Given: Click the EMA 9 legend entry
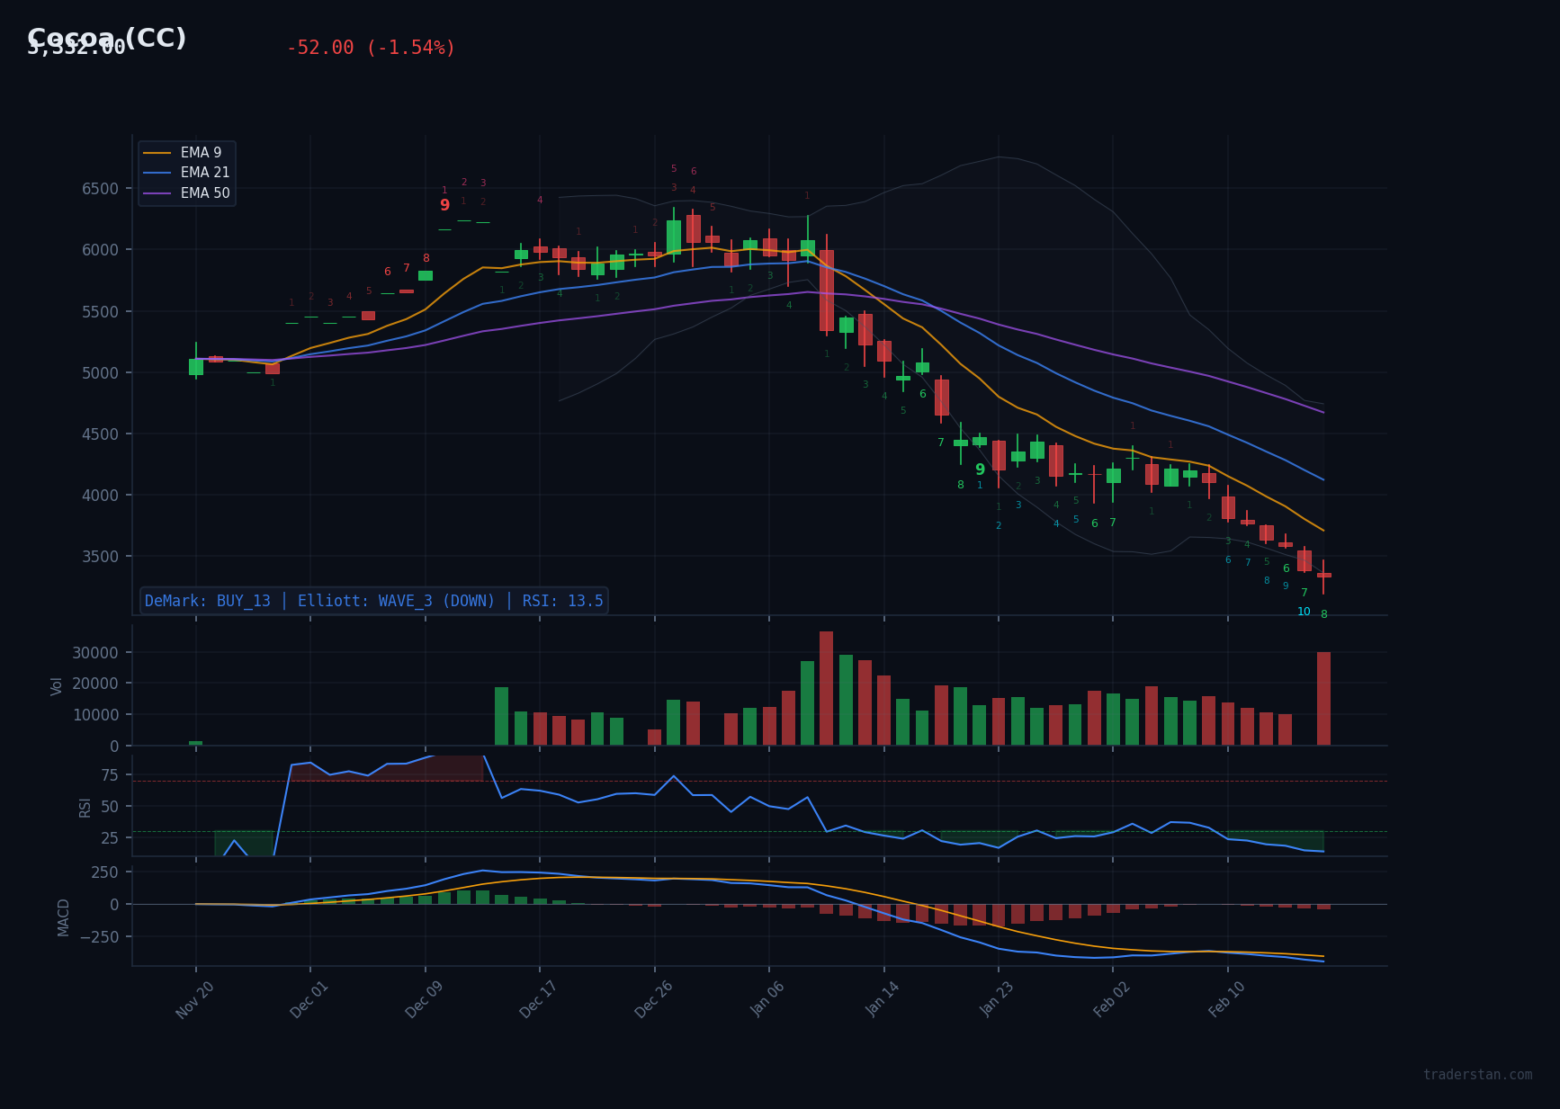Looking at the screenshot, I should pos(201,153).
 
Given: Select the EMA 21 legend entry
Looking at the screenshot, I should pos(204,173).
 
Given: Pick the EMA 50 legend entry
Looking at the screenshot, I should pos(204,193).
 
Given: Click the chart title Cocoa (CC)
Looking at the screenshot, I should pos(107,38).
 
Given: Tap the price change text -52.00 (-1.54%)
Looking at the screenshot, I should pos(371,48).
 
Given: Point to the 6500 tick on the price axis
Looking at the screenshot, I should pos(100,189).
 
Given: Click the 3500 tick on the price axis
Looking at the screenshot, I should pos(100,557).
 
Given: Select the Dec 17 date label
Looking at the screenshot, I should pos(539,999).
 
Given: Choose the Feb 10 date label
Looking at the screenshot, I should pos(1227,999).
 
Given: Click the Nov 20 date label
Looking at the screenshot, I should pos(195,999).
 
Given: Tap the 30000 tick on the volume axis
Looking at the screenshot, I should pos(96,653).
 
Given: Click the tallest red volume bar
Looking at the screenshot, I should pos(826,688).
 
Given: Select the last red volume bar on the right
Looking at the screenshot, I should pos(1323,699).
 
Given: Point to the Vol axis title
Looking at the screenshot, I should pos(57,685).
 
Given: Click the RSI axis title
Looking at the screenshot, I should pos(85,807).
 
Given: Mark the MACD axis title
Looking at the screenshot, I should pos(64,917).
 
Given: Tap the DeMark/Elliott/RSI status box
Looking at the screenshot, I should pos(373,601).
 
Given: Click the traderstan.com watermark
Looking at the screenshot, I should pos(1477,1075).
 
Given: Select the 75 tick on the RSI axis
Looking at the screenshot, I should pos(109,775).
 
